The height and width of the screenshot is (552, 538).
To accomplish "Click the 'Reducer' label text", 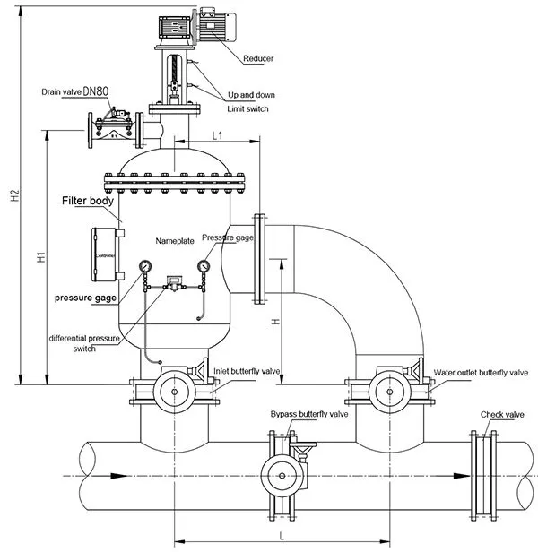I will pos(258,59).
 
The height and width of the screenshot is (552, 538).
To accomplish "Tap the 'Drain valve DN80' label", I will pos(75,92).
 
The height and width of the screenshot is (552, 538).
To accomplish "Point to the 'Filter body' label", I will pos(87,202).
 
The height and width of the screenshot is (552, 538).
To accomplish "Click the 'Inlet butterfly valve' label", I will pos(247,370).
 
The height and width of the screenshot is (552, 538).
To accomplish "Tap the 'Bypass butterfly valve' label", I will pos(309,415).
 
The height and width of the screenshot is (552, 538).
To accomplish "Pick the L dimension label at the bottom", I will pos(282,534).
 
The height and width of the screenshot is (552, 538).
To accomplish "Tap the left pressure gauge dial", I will pos(144,267).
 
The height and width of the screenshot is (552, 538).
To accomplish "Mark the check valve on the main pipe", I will pos(483,475).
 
